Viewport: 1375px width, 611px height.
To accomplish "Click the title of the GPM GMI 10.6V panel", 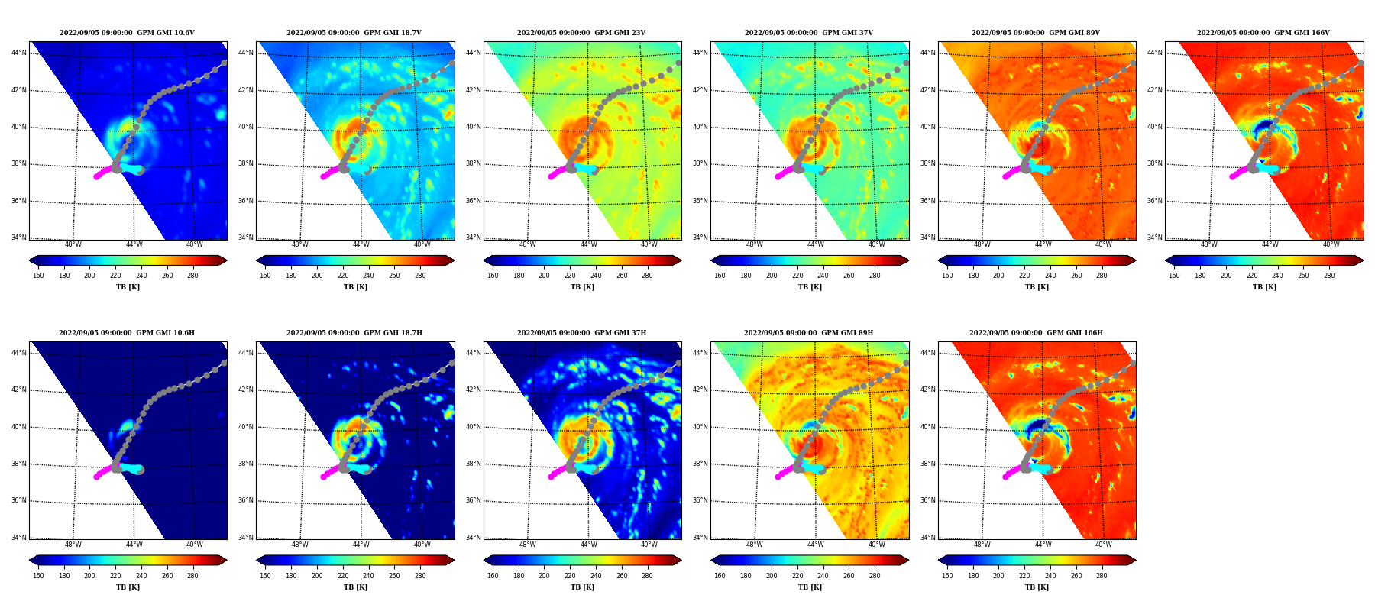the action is (x=127, y=33).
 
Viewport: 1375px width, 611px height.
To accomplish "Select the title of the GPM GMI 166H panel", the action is (x=1036, y=333).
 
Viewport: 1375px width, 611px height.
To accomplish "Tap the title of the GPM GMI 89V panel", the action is (x=1036, y=33).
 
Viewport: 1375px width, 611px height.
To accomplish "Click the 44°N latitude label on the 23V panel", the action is (x=474, y=53).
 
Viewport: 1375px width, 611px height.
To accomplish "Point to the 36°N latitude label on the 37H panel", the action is (x=474, y=500).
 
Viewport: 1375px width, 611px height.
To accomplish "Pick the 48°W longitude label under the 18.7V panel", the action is (x=300, y=245).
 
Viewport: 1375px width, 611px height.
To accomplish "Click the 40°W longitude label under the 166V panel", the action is (x=1331, y=245).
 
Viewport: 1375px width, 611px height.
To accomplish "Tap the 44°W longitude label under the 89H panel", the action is (x=816, y=545).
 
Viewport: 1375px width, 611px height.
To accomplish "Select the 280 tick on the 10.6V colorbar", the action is (x=192, y=276).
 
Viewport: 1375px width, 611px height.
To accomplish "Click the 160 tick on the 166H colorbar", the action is (x=947, y=576).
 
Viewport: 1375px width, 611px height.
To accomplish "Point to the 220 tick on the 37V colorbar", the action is (x=797, y=276).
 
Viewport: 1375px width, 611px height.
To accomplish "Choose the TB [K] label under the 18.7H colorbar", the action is (x=355, y=587).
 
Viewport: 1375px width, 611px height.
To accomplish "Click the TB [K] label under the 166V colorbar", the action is (x=1264, y=287).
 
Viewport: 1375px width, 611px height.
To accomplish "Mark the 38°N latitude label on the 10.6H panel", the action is (x=19, y=464).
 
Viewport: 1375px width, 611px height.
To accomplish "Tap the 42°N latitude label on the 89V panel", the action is (x=928, y=90).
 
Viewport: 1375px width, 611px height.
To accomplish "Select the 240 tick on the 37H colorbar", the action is (x=596, y=576).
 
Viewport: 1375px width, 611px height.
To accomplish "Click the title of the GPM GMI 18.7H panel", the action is (x=354, y=333).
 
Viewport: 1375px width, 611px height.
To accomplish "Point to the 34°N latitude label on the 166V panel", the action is (x=1155, y=238).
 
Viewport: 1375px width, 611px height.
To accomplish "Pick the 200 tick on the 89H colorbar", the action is (x=772, y=576).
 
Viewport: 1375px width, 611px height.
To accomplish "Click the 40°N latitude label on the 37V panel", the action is (x=700, y=127).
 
